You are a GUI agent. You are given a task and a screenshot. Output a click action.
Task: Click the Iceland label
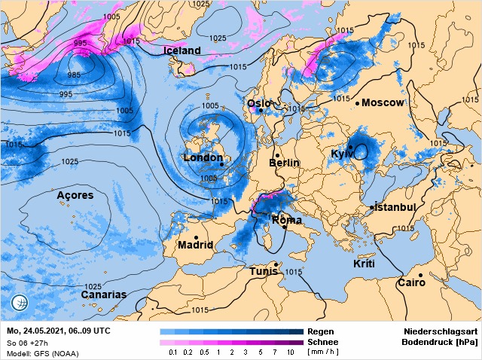[x=182, y=51]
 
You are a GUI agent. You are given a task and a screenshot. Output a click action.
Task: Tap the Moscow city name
[x=383, y=102]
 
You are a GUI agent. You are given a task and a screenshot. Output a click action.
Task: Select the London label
[x=203, y=158]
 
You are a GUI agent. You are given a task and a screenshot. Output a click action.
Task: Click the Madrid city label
[x=195, y=245]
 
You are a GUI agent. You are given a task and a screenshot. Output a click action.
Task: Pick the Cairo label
[x=412, y=283]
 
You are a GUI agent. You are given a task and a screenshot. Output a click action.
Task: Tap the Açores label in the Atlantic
[x=75, y=196]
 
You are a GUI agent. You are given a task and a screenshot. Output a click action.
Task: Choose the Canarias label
[x=104, y=294]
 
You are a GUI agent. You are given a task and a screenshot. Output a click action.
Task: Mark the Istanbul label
[x=395, y=207]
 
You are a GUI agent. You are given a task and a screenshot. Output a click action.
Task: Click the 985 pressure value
[x=75, y=75]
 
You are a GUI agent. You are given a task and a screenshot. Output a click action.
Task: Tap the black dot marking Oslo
[x=261, y=110]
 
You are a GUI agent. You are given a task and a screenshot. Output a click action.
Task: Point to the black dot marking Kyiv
[x=351, y=147]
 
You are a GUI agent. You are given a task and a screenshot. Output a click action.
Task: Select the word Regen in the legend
[x=322, y=331]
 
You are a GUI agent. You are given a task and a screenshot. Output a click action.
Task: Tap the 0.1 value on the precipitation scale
[x=173, y=352]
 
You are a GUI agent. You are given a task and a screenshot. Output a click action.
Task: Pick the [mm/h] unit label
[x=323, y=352]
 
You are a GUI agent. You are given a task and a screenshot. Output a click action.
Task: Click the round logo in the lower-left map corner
[x=20, y=304]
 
